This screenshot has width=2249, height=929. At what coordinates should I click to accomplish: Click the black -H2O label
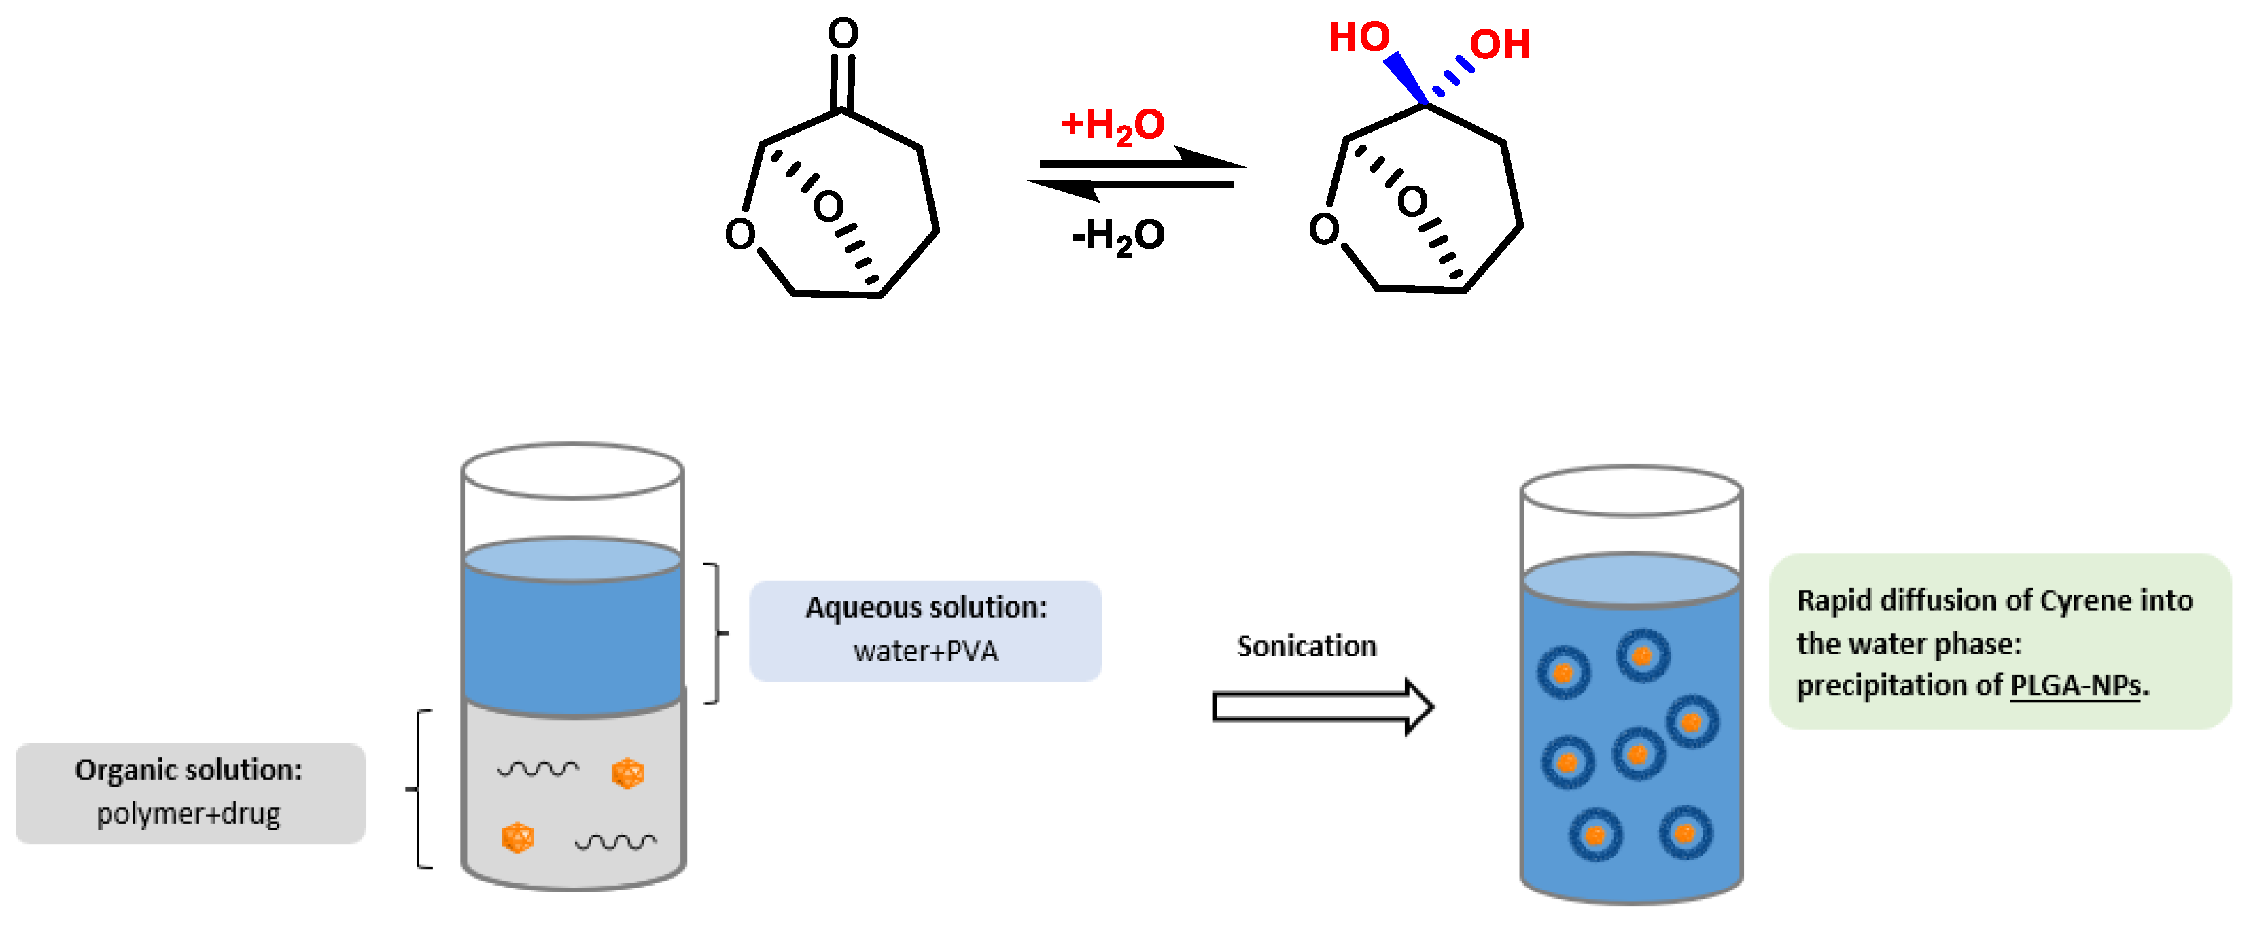click(x=1119, y=236)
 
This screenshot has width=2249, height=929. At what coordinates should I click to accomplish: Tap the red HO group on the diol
click(x=1359, y=37)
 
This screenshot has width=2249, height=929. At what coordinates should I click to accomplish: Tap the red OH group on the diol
click(x=1500, y=45)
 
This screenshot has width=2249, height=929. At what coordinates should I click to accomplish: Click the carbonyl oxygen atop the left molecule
click(x=843, y=33)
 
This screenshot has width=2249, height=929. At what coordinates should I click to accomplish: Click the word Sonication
click(x=1306, y=647)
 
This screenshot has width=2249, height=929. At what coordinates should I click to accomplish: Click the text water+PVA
click(x=926, y=651)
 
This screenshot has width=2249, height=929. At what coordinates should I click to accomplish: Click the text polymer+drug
click(x=188, y=813)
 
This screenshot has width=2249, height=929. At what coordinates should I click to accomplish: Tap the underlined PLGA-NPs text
click(x=2075, y=686)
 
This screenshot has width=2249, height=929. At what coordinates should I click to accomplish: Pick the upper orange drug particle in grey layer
click(x=627, y=773)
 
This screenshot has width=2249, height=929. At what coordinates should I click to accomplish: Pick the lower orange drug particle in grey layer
click(x=517, y=837)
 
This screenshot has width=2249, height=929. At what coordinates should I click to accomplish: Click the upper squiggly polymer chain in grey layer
click(x=537, y=769)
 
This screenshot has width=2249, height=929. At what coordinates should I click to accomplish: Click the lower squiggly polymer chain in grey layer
click(x=616, y=842)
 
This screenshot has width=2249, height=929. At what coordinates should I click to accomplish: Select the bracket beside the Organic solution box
click(x=421, y=789)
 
